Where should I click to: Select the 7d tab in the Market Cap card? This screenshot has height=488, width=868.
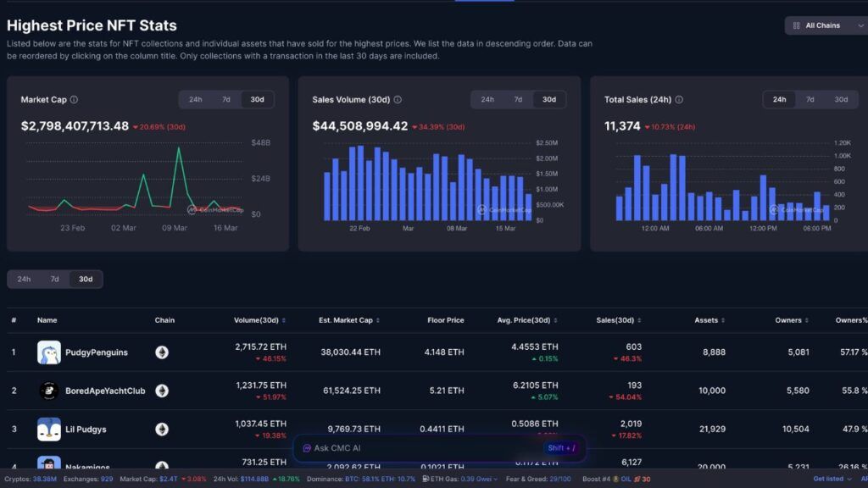pyautogui.click(x=226, y=100)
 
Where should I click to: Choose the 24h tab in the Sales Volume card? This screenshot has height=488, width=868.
pyautogui.click(x=487, y=100)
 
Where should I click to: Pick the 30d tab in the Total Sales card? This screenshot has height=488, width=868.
pyautogui.click(x=841, y=100)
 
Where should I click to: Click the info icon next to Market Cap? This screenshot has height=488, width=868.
pyautogui.click(x=75, y=100)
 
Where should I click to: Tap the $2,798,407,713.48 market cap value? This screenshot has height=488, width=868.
pyautogui.click(x=75, y=126)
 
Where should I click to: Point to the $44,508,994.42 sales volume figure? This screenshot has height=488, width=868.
pyautogui.click(x=360, y=126)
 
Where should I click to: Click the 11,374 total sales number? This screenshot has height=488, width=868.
pyautogui.click(x=622, y=126)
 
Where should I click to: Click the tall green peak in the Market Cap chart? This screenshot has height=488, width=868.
pyautogui.click(x=178, y=149)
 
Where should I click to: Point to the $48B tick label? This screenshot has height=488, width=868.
pyautogui.click(x=260, y=143)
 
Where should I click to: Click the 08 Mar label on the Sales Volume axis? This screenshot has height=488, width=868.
pyautogui.click(x=457, y=229)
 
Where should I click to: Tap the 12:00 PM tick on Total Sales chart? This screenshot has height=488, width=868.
pyautogui.click(x=763, y=229)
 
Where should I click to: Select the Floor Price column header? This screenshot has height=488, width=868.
pyautogui.click(x=446, y=320)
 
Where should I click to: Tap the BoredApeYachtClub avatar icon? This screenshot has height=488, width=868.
pyautogui.click(x=49, y=391)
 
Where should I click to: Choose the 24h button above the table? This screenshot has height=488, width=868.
pyautogui.click(x=24, y=279)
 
